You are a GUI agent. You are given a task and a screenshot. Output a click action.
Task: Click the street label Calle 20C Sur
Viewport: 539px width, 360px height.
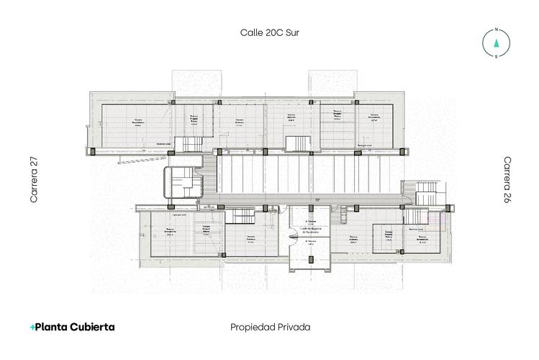270,32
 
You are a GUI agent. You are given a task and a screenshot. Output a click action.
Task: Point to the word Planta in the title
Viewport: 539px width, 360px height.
50,327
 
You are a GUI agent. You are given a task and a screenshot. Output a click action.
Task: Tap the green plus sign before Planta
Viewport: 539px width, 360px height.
32,327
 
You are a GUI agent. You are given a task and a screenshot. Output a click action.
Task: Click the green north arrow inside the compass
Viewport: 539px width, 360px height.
496,42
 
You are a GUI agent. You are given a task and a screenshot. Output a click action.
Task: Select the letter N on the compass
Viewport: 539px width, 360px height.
496,30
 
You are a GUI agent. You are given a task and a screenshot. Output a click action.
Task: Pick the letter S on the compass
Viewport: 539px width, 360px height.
496,55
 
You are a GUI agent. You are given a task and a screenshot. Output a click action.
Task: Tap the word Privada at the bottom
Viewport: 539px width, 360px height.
295,327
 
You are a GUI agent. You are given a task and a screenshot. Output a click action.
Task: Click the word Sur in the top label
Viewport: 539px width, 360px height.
291,32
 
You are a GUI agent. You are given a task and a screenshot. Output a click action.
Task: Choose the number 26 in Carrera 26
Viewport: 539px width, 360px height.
507,198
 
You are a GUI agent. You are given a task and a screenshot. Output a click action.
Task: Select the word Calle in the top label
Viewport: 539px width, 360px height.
251,32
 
